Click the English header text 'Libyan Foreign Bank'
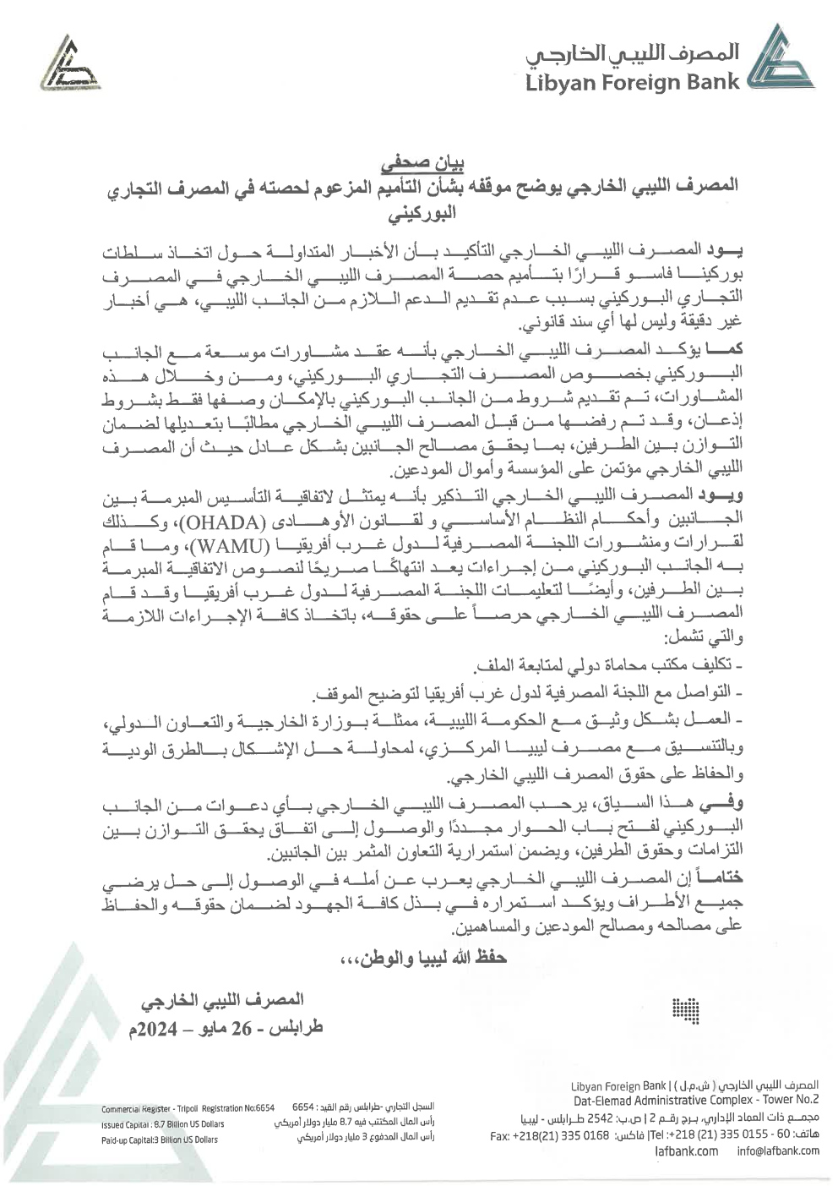pyautogui.click(x=632, y=82)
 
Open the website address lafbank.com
pyautogui.click(x=686, y=1150)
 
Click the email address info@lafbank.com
pyautogui.click(x=777, y=1150)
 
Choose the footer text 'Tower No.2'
pyautogui.click(x=786, y=1100)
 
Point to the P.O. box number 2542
pyautogui.click(x=618, y=1118)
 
